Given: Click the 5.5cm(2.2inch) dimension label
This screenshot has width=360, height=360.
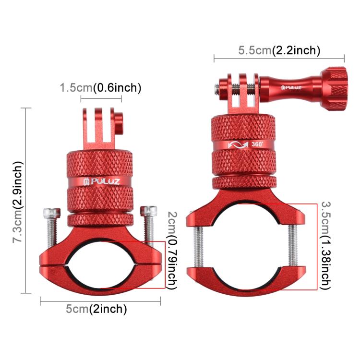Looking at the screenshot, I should point(279,50).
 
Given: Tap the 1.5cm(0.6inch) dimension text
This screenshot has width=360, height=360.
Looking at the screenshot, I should point(100,88).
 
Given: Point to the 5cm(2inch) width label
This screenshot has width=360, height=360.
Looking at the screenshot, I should point(96,309).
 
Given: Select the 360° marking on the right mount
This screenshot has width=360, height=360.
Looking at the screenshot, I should point(257,144).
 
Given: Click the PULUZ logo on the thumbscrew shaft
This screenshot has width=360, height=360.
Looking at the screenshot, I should point(292,87).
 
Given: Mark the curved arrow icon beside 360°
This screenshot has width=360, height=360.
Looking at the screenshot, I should point(237,144).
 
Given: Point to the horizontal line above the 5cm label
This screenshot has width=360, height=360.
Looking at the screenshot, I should point(100,300).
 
